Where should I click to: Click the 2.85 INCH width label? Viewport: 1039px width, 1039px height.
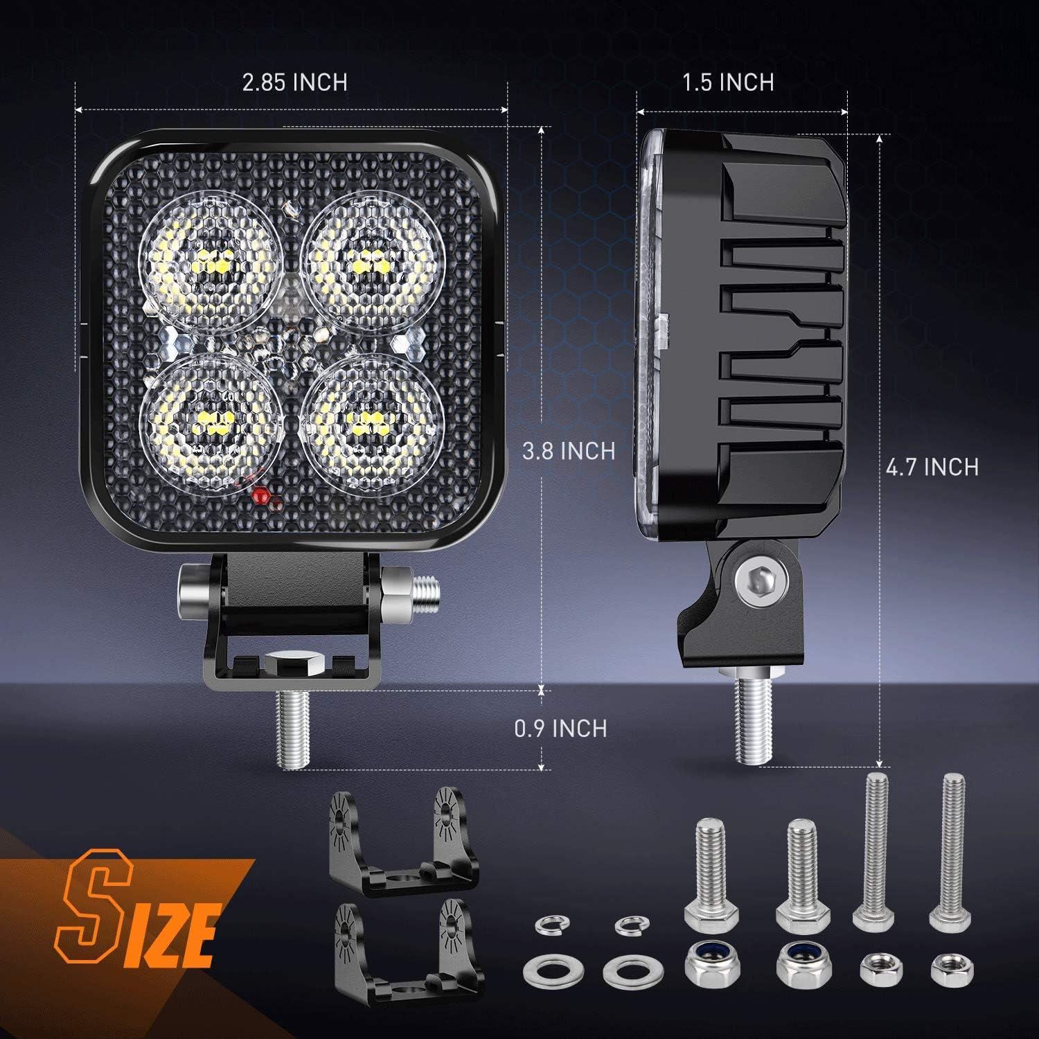294,82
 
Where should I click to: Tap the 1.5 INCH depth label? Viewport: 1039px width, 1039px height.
728,82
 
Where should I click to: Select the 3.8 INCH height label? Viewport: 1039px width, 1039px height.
569,451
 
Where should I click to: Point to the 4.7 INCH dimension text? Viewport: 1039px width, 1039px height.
932,467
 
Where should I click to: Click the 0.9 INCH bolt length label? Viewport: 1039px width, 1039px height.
560,728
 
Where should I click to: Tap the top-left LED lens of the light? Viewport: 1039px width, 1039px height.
211,263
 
